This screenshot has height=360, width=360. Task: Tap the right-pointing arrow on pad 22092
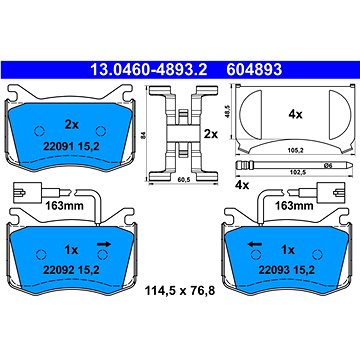101,242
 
